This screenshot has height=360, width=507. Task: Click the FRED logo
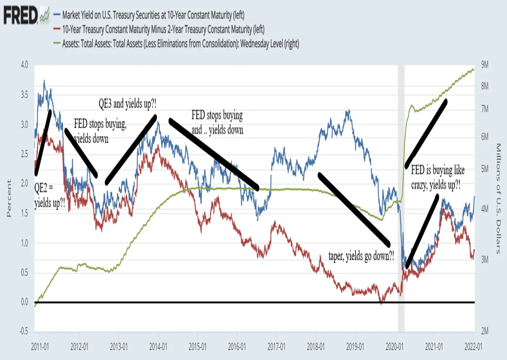pos(27,15)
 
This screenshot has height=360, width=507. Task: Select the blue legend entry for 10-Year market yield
pos(149,15)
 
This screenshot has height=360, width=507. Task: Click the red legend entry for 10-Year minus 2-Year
pos(159,29)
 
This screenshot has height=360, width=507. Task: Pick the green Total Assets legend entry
pos(177,44)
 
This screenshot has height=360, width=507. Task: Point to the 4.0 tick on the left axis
pos(25,65)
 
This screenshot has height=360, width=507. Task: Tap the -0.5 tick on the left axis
pos(24,331)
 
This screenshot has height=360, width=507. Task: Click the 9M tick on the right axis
pos(485,65)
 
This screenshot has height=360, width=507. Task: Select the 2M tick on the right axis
pos(485,331)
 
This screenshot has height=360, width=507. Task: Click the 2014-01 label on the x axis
pos(158,347)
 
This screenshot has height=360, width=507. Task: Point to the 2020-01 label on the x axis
pos(394,347)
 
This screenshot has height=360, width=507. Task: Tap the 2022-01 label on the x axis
pos(473,347)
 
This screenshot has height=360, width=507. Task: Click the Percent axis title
pos(9,198)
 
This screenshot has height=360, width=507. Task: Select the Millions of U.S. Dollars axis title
pos(498,198)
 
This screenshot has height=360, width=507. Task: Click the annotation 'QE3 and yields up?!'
pos(128,104)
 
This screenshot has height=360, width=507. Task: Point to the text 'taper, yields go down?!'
pos(361,256)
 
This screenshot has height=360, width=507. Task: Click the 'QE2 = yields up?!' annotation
pos(50,195)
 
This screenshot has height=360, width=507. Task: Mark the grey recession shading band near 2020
pos(401,198)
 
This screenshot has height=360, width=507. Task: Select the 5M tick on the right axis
pos(485,169)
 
